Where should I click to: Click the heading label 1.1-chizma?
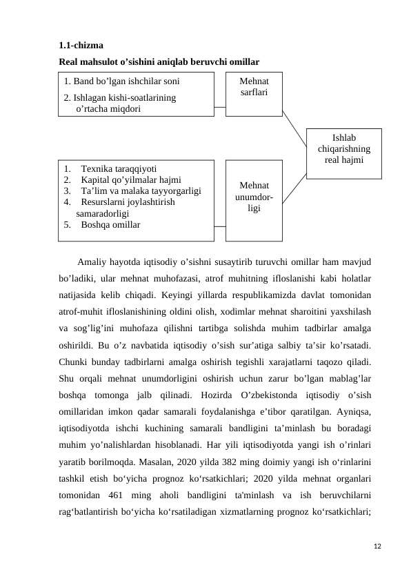[81, 46]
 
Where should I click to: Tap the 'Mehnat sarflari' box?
[254, 87]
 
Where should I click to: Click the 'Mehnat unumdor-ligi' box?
[254, 197]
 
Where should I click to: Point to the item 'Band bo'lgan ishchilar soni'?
[122, 80]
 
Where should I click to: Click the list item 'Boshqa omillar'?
[110, 225]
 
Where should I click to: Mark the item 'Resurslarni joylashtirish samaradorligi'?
[124, 208]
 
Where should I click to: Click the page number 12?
[376, 546]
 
